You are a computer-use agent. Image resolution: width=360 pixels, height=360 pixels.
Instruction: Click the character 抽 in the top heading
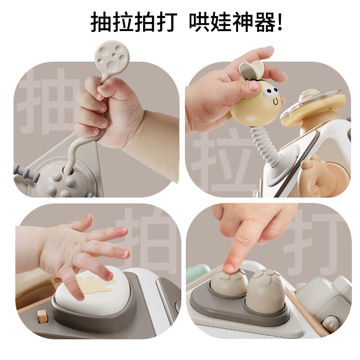(x=101, y=22)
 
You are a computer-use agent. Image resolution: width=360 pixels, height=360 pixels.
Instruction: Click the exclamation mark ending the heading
(x=280, y=22)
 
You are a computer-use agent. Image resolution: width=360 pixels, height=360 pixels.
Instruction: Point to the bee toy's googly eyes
(x=270, y=93)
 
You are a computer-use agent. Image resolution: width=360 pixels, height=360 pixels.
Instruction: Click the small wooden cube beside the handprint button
(x=41, y=315)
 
